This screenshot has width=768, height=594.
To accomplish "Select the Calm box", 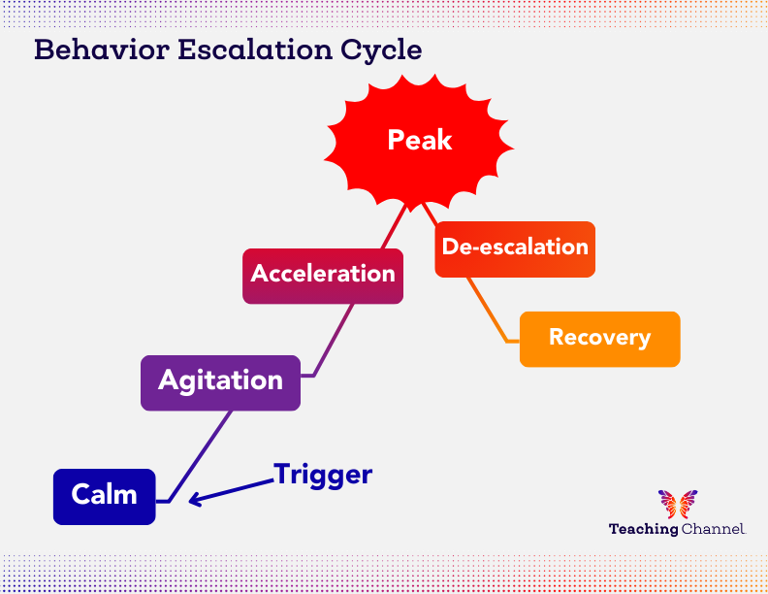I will tap(105, 496).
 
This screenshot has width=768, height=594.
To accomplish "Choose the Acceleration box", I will tap(323, 276).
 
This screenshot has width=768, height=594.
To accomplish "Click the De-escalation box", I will tap(515, 248).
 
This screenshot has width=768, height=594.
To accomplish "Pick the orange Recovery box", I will tap(599, 339).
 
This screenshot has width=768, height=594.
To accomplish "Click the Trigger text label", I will tap(323, 475).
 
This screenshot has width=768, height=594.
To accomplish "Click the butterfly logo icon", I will tap(677, 504).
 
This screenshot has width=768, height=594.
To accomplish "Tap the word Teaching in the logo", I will tap(643, 530).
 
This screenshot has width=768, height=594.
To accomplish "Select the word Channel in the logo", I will tap(713, 530).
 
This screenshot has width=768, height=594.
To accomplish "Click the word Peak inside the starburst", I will tap(419, 140).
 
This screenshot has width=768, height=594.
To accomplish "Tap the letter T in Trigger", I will tap(283, 475).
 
